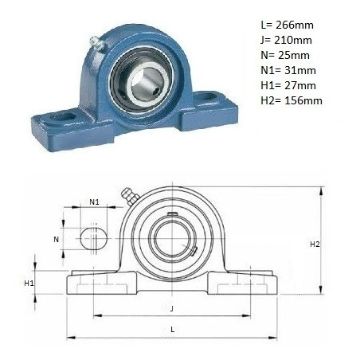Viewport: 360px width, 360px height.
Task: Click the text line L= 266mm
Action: pos(287,25)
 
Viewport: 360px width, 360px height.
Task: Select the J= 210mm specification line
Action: pos(286,40)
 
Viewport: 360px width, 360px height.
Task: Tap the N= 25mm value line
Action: pos(285,55)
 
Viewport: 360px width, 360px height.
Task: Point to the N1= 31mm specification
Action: pos(288,70)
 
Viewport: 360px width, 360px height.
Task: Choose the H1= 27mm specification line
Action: pos(288,85)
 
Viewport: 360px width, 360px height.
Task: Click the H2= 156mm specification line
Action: pos(292,100)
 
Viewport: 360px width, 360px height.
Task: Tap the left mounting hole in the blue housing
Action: pos(63,116)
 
